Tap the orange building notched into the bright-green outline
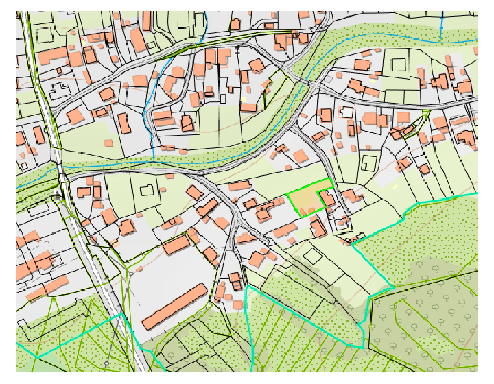(x=327, y=200)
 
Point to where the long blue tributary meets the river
(x=154, y=160)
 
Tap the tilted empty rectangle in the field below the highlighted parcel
(x=313, y=256)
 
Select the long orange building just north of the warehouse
(x=177, y=244)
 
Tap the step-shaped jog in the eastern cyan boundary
(x=407, y=209)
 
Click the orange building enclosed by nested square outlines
(x=340, y=222)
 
